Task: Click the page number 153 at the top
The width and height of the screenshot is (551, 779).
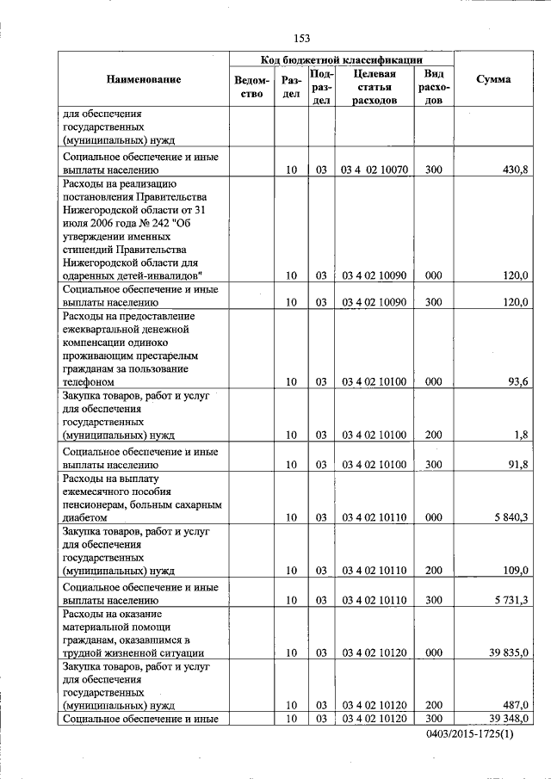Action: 301,38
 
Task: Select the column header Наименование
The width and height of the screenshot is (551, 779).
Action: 144,80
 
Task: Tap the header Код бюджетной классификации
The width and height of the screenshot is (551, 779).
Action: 341,60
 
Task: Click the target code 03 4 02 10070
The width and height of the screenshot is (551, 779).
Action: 374,170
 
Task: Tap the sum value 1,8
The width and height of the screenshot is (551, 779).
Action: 520,435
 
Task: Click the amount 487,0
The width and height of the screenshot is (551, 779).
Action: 514,704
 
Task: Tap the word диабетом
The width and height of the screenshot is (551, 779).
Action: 85,517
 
